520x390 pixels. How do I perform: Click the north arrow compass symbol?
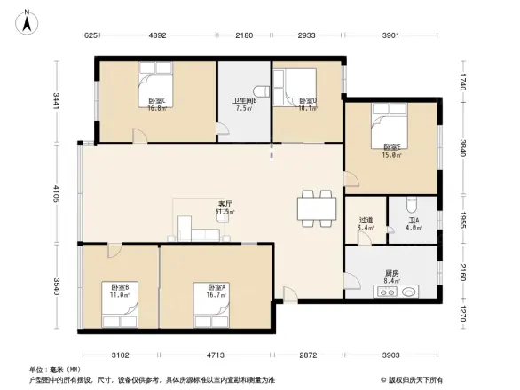pyautogui.click(x=27, y=19)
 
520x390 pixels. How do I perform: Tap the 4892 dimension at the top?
pyautogui.click(x=156, y=36)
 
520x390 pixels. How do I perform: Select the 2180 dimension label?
pyautogui.click(x=244, y=36)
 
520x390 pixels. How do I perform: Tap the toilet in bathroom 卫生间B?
pyautogui.click(x=260, y=90)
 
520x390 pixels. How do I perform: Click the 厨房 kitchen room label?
pyautogui.click(x=390, y=272)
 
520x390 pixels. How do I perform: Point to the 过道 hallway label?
pyautogui.click(x=366, y=222)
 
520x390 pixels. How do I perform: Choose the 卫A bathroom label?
pyautogui.click(x=414, y=222)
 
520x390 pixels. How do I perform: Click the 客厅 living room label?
pyautogui.click(x=226, y=205)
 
